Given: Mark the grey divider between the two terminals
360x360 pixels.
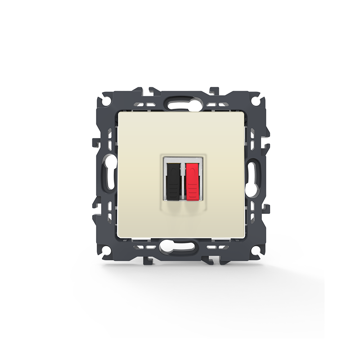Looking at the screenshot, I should click(183, 180).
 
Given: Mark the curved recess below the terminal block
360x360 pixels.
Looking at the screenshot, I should click(183, 208).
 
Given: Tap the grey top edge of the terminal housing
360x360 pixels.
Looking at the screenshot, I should click(183, 159).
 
